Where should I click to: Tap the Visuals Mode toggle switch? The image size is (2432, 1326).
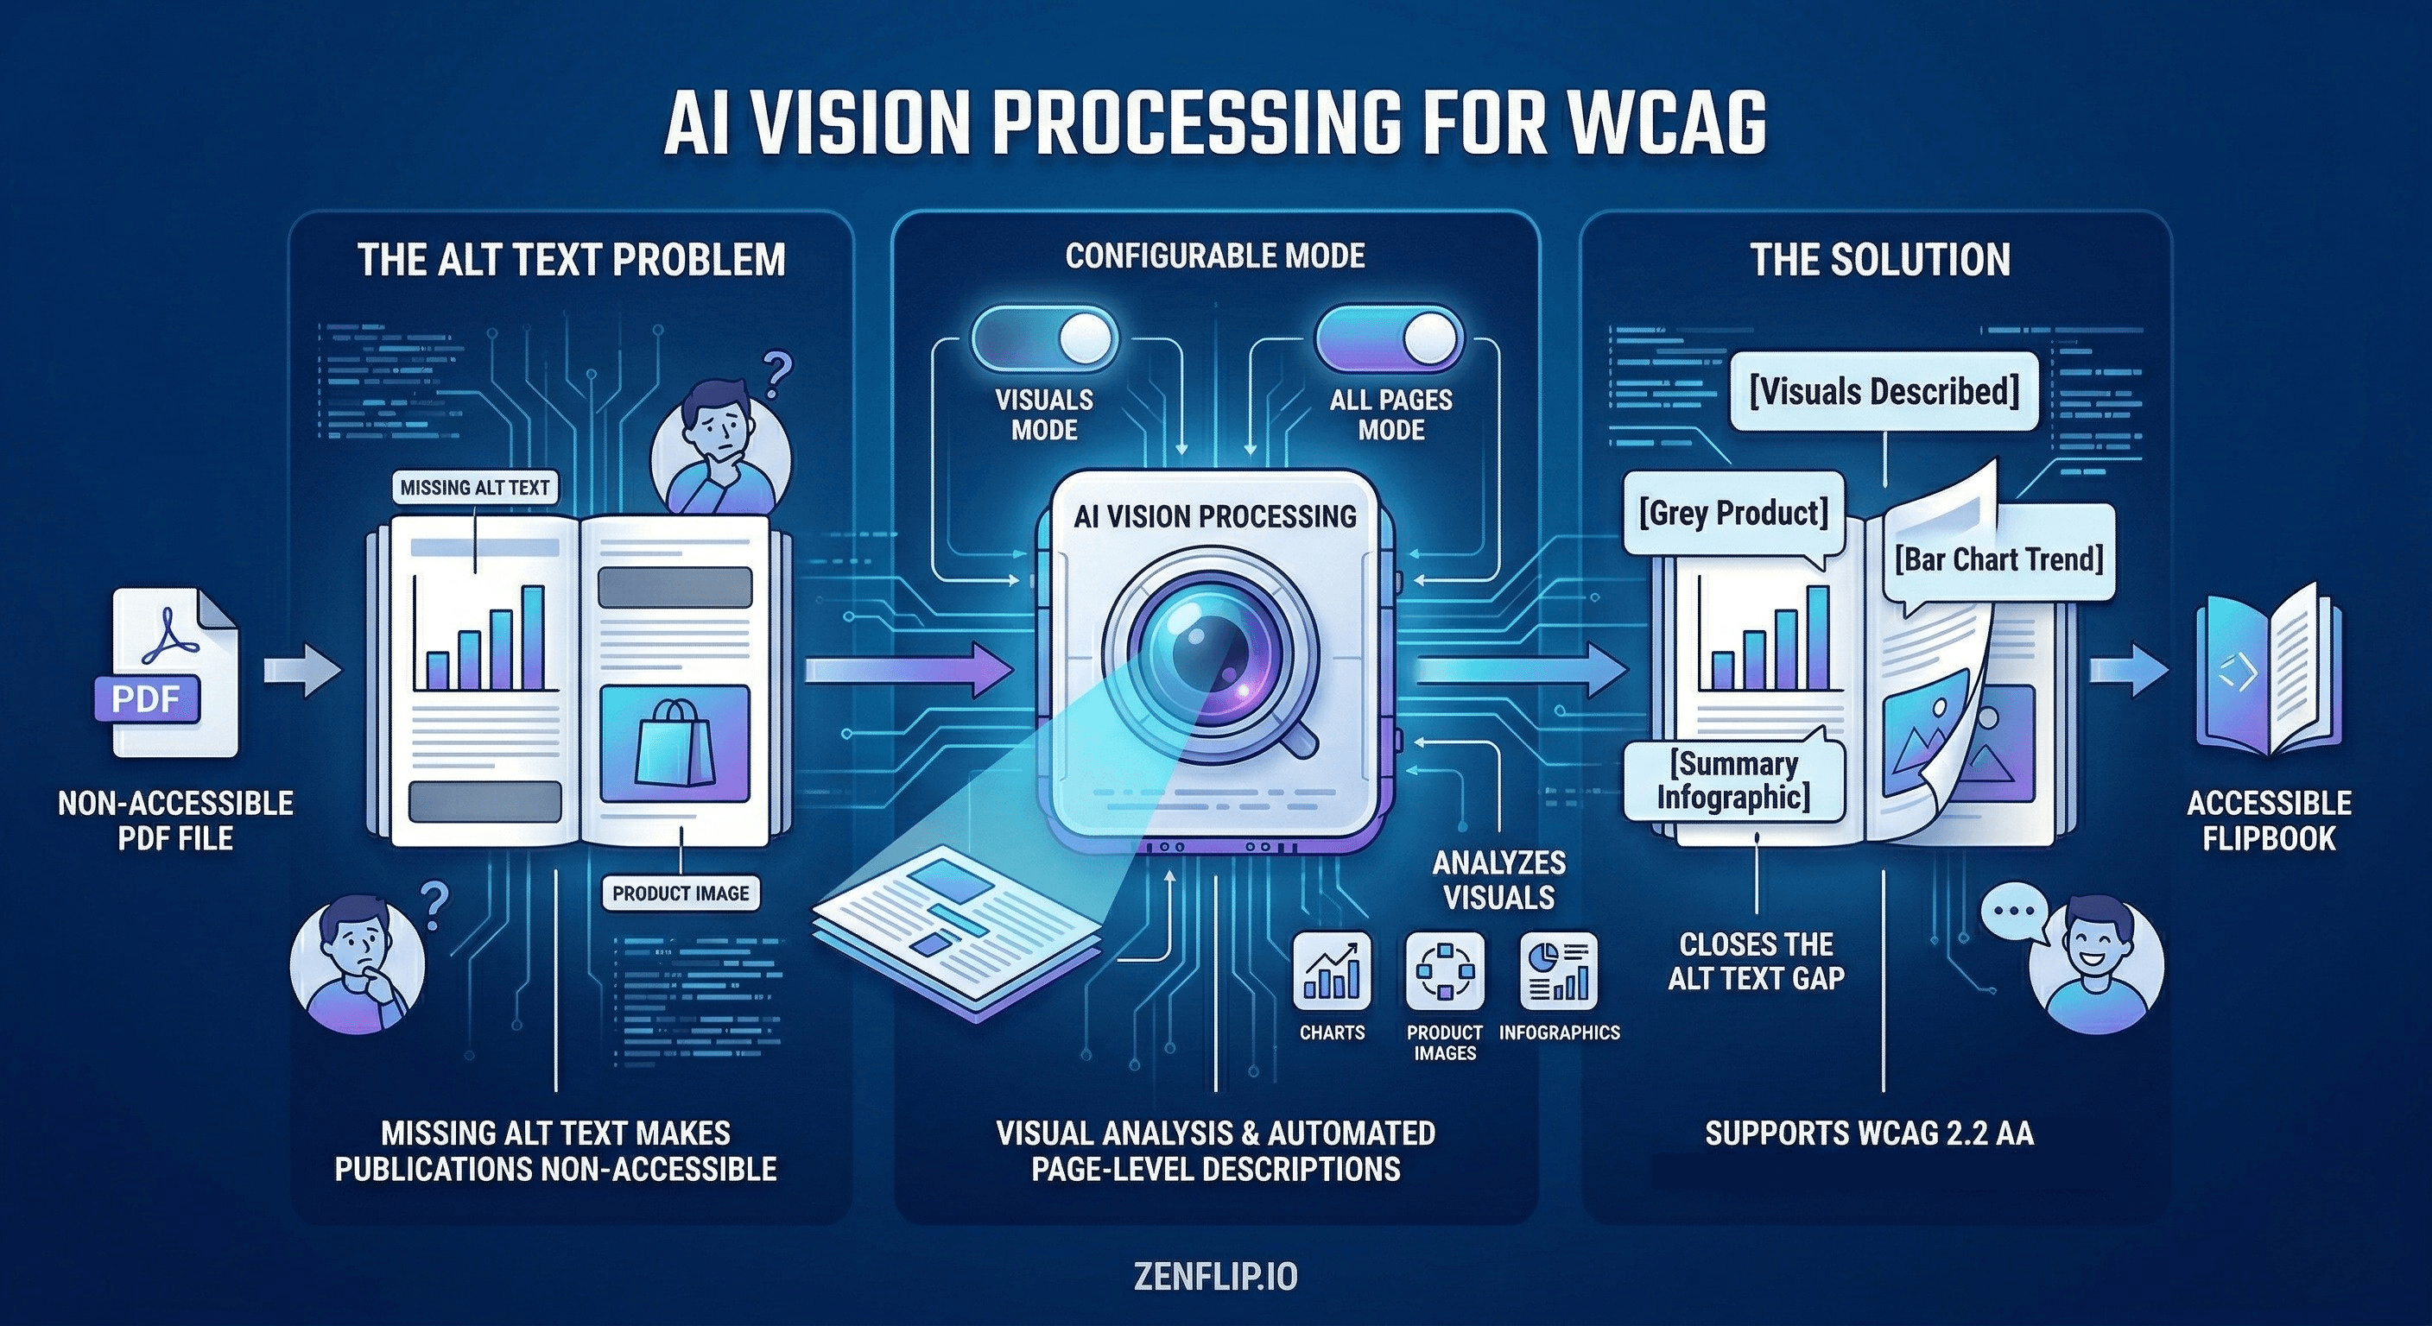pos(1044,338)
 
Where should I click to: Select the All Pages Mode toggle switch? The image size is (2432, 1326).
pos(1389,338)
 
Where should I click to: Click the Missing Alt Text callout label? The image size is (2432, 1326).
pos(475,488)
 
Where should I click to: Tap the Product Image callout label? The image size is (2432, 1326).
pos(680,893)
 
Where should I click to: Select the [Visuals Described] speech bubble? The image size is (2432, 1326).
pos(1884,392)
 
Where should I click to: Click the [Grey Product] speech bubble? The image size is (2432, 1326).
pos(1733,514)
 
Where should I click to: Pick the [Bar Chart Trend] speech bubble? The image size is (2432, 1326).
pos(1998,559)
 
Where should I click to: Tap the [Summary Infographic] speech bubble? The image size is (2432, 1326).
pos(1733,780)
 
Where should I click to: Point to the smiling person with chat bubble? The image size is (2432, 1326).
pos(2096,965)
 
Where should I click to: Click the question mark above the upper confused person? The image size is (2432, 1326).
pos(776,375)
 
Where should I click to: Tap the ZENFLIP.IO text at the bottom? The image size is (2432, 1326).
pos(1215,1277)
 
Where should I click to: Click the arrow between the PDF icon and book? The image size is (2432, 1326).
pos(301,671)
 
